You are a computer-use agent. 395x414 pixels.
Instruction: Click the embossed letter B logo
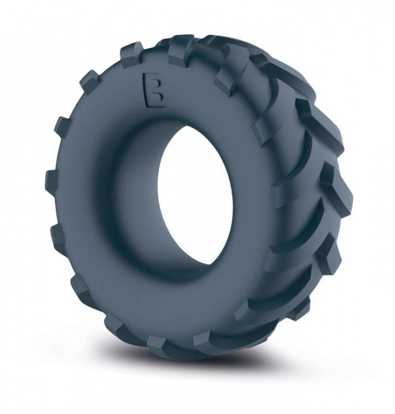pos(155,90)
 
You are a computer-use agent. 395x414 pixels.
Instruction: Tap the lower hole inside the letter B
pos(157,98)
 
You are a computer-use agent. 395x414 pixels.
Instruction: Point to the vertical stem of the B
pos(147,90)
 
